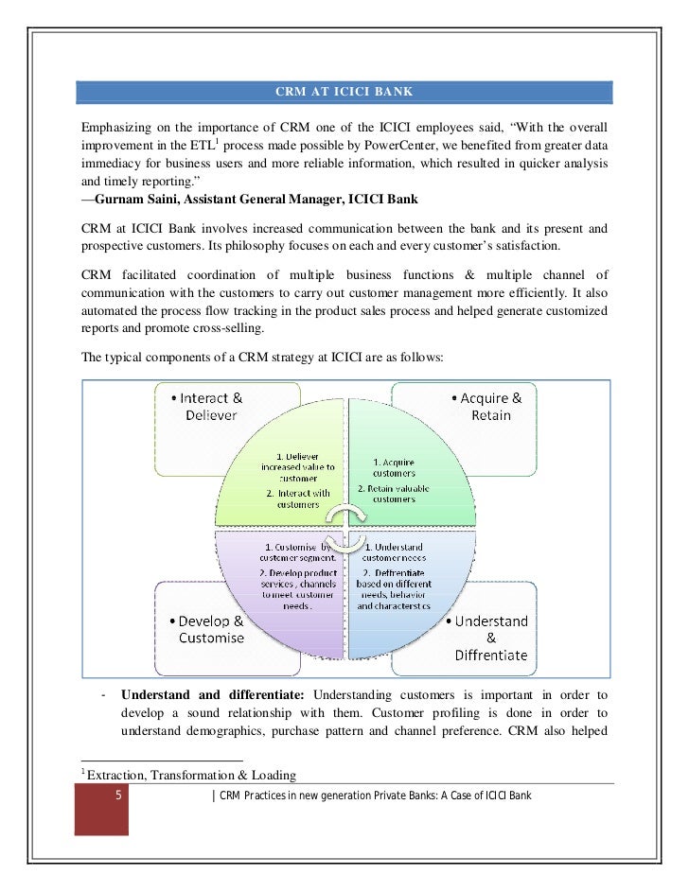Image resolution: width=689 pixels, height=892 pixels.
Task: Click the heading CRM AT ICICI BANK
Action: [x=344, y=93]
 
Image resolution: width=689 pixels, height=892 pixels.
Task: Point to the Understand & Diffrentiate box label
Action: [x=490, y=638]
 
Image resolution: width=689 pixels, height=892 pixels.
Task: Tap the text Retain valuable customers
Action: [x=393, y=493]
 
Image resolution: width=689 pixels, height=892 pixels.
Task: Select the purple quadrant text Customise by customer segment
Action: [x=298, y=552]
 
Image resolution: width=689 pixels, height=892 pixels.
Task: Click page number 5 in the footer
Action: [x=117, y=796]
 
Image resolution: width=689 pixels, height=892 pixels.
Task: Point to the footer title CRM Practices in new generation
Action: [x=375, y=796]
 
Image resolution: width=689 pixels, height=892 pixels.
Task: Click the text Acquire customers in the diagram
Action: [x=393, y=466]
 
